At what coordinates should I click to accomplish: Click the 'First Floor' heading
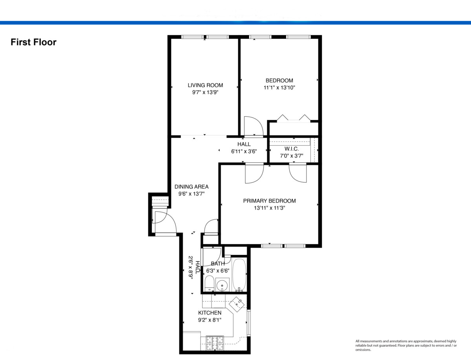click(34, 42)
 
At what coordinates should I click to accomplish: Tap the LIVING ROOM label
click(205, 85)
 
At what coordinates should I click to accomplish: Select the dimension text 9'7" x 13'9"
click(205, 92)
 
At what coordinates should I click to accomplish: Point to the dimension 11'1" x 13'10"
click(279, 88)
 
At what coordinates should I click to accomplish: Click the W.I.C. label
click(292, 149)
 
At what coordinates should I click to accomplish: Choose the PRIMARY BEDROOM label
click(269, 201)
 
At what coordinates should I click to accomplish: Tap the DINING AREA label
click(192, 187)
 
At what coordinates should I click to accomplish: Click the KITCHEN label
click(210, 313)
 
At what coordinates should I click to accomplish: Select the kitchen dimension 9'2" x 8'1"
click(210, 320)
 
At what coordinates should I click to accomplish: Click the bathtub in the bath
click(239, 275)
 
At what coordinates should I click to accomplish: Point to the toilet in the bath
click(209, 284)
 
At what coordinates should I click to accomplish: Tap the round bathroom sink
click(222, 284)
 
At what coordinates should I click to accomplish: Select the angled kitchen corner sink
click(237, 304)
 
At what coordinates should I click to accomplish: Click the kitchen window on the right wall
click(248, 323)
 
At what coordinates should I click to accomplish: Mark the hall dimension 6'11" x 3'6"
click(244, 151)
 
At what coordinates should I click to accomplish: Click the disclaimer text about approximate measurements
click(406, 346)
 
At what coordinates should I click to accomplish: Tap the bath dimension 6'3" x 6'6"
click(217, 271)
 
